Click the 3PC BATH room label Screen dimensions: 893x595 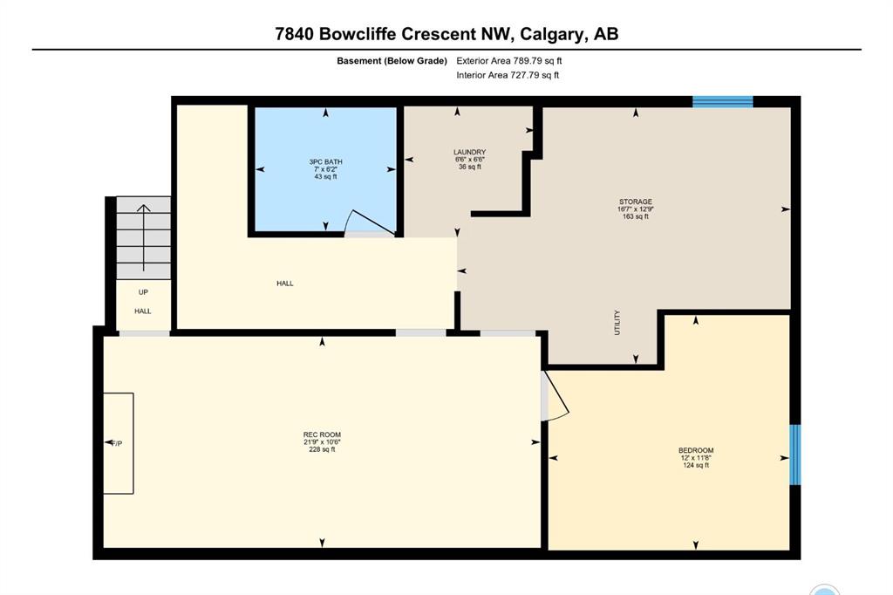[326, 162]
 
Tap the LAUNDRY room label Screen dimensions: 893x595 [470, 152]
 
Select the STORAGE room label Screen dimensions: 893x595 [636, 202]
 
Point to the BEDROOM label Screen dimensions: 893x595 [696, 450]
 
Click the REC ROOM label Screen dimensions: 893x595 [323, 434]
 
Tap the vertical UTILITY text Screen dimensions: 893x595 [617, 323]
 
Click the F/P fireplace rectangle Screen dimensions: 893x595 [119, 443]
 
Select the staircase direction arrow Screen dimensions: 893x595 [144, 237]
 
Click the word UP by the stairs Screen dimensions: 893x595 [144, 292]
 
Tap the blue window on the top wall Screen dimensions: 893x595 [723, 102]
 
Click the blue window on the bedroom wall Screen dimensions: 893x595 [795, 455]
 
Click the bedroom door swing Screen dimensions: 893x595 [555, 397]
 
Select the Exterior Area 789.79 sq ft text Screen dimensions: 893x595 [509, 60]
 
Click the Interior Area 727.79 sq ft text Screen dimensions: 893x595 [508, 75]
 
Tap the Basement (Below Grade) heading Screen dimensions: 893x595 [392, 61]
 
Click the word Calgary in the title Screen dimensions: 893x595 [552, 34]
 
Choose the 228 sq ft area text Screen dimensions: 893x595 [323, 449]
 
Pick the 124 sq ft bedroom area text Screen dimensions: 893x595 [696, 465]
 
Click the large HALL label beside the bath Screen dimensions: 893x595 [285, 284]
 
